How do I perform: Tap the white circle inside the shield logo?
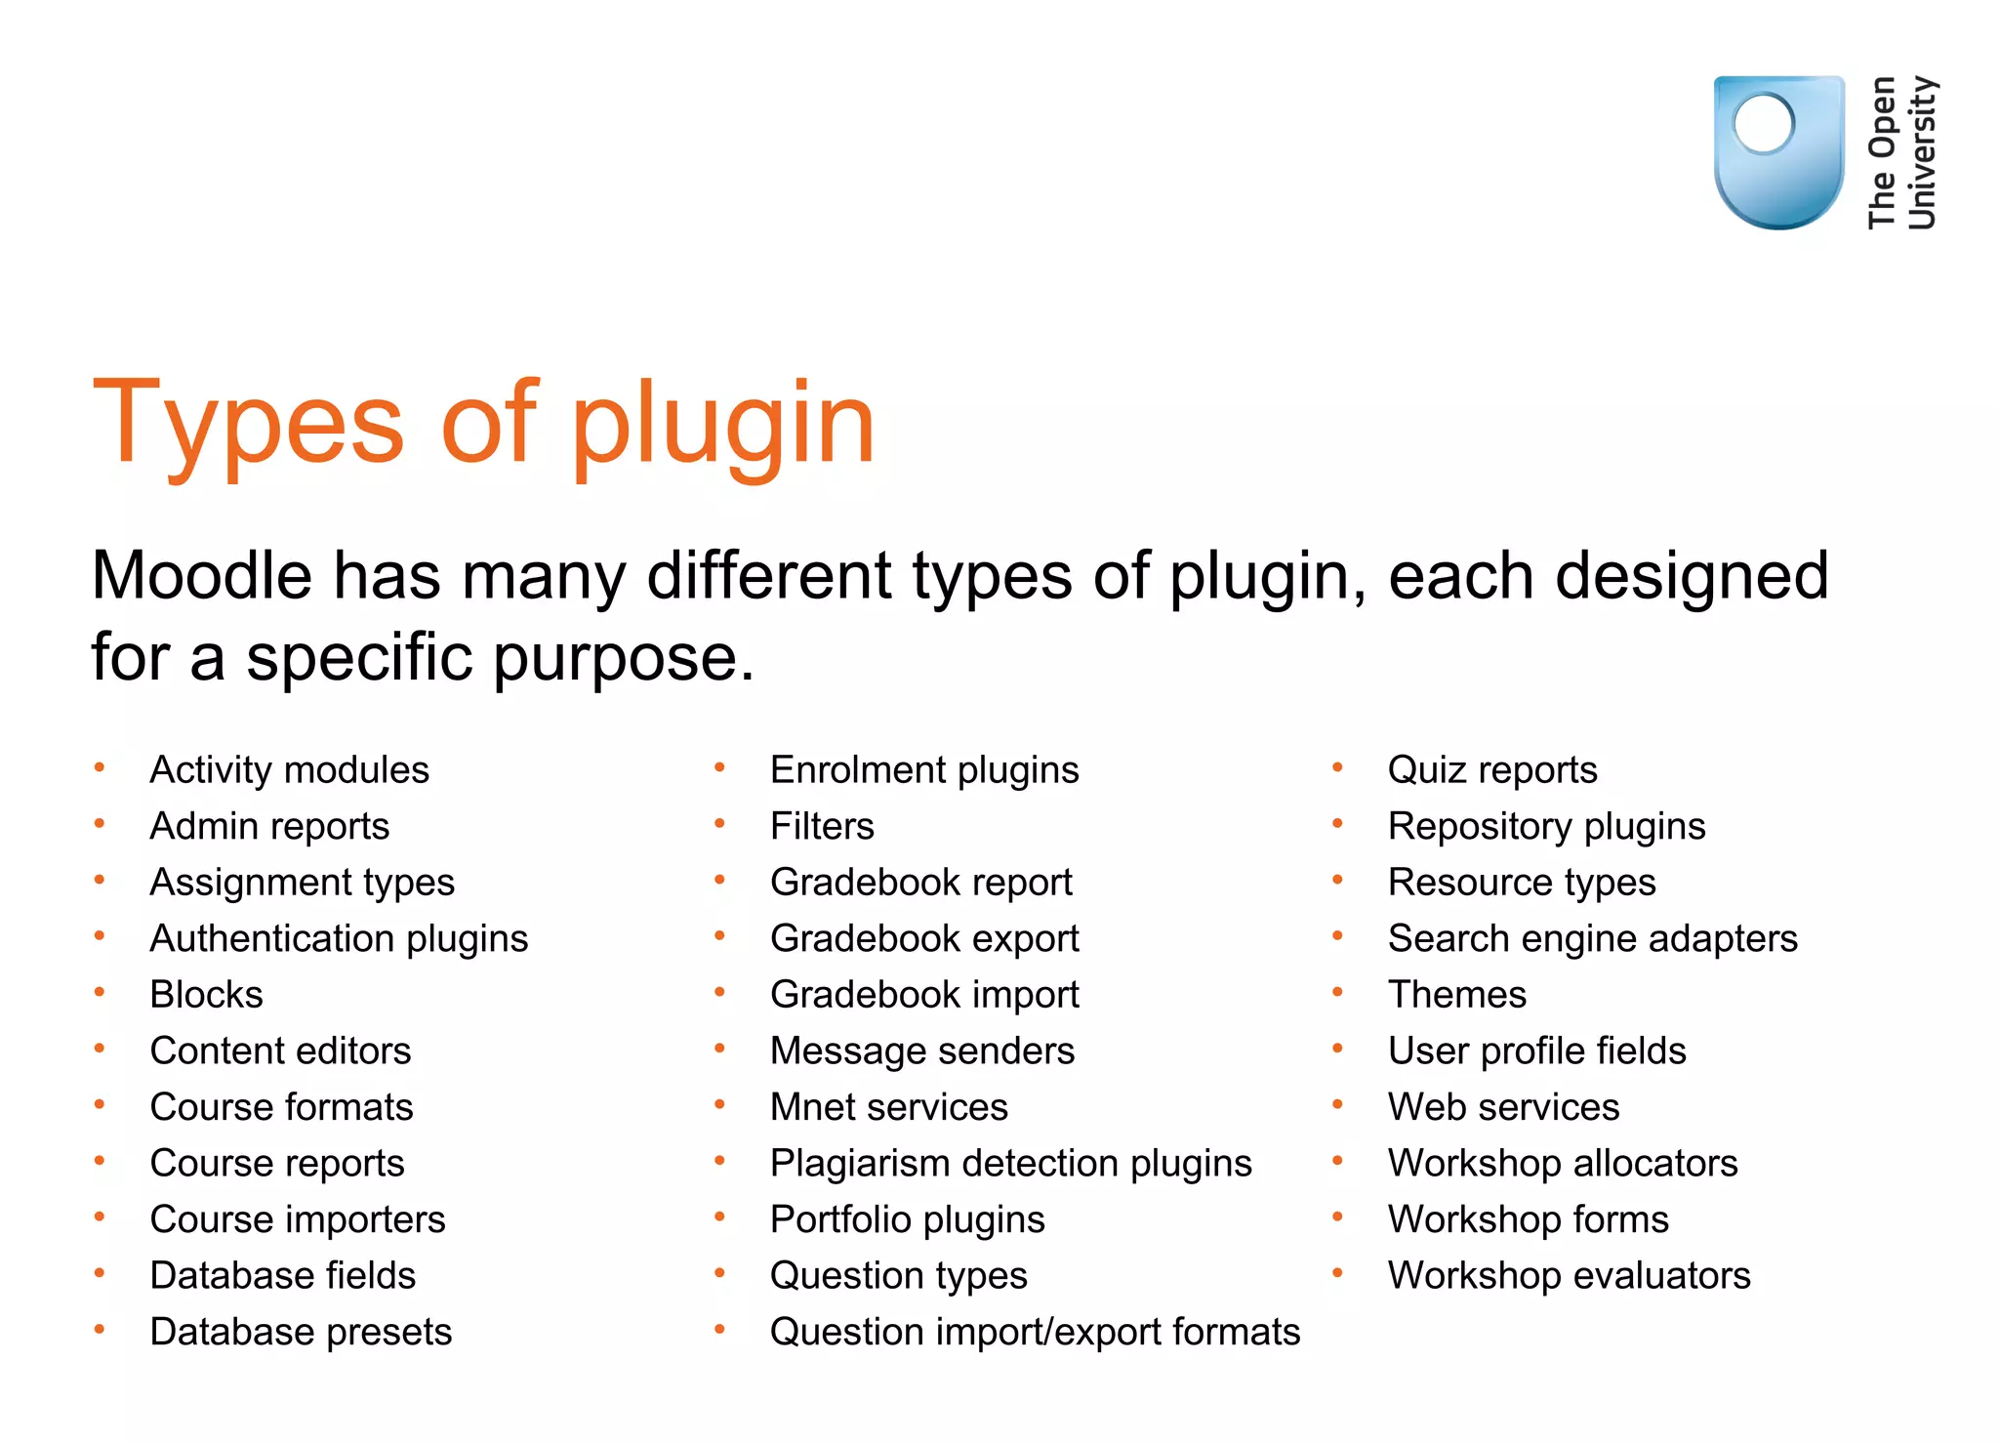pos(1763,124)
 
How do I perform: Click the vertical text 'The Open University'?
pos(1901,152)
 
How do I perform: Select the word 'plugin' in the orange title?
pos(722,426)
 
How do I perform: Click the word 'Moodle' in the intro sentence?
pos(201,575)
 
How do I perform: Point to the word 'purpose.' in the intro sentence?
pos(624,658)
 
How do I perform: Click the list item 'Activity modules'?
pos(289,770)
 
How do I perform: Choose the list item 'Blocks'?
pos(206,995)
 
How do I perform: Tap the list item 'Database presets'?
pos(301,1333)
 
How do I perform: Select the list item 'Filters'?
pos(822,827)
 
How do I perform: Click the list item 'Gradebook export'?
pos(923,939)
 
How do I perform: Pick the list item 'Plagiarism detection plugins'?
pos(1010,1164)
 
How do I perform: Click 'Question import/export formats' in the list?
pos(1035,1333)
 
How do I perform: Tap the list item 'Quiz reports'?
pos(1492,770)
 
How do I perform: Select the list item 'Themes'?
pos(1456,995)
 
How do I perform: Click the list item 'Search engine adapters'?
pos(1592,939)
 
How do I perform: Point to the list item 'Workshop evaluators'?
pos(1569,1276)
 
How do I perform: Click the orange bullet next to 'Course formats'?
pos(100,1105)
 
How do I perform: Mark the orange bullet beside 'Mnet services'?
pos(719,1105)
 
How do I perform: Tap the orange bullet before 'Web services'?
pos(1338,1105)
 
